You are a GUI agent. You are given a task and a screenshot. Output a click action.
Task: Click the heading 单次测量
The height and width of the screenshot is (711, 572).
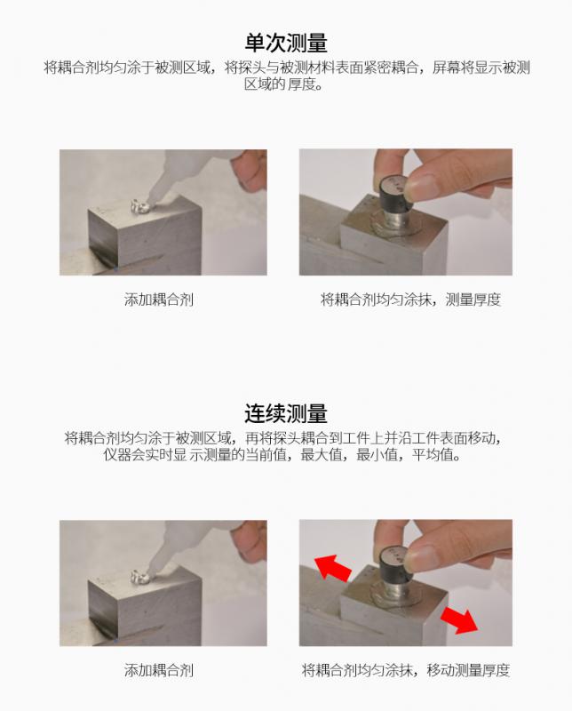(x=286, y=43)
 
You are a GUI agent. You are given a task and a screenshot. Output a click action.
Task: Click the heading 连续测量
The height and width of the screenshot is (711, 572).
(x=286, y=413)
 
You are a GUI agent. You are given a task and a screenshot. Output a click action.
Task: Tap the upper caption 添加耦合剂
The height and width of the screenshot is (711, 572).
(x=159, y=300)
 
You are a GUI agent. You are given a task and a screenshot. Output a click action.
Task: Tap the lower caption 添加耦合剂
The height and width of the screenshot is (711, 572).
(x=159, y=670)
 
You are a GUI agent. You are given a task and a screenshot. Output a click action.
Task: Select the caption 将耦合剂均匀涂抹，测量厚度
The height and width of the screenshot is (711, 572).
(x=410, y=300)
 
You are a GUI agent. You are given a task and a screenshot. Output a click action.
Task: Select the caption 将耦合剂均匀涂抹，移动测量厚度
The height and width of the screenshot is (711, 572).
(x=406, y=670)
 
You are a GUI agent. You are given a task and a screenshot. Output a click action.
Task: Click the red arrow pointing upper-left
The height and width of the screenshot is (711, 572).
(x=333, y=567)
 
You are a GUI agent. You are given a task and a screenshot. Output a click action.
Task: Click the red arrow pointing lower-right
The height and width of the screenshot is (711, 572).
(x=458, y=619)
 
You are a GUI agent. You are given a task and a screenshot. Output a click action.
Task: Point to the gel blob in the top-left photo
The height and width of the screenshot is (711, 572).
(x=139, y=206)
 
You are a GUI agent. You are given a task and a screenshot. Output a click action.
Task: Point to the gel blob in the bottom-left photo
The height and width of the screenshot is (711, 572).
(x=139, y=577)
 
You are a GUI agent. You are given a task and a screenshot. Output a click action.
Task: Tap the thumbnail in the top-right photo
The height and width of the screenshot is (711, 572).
(x=423, y=186)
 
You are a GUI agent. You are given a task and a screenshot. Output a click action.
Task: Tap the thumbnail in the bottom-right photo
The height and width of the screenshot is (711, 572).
(x=423, y=556)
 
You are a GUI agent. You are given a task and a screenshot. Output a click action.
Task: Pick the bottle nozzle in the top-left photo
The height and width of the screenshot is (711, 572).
(x=160, y=189)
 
